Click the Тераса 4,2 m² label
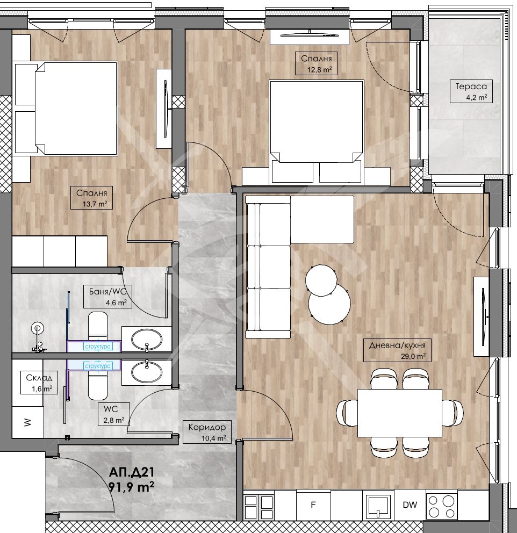[x=471, y=91]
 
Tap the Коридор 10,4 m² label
[x=207, y=432]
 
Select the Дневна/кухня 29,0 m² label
[x=397, y=350]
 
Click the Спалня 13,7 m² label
[x=92, y=198]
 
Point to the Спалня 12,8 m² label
[x=317, y=63]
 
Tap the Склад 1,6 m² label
[x=39, y=383]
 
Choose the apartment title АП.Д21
[x=131, y=472]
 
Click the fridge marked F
[x=313, y=505]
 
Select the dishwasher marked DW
[x=410, y=505]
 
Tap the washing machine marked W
[x=28, y=422]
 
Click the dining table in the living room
[x=400, y=413]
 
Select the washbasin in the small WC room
[x=147, y=372]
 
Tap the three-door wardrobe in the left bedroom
[x=60, y=251]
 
